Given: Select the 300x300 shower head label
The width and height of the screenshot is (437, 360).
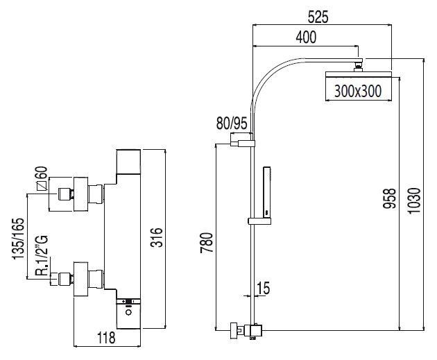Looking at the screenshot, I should click(357, 90).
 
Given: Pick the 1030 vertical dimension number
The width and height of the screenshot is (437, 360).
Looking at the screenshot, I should click(413, 201).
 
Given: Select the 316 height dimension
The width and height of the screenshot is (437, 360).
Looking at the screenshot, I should click(157, 239).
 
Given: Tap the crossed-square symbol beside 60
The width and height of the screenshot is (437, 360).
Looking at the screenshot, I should click(42, 185).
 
